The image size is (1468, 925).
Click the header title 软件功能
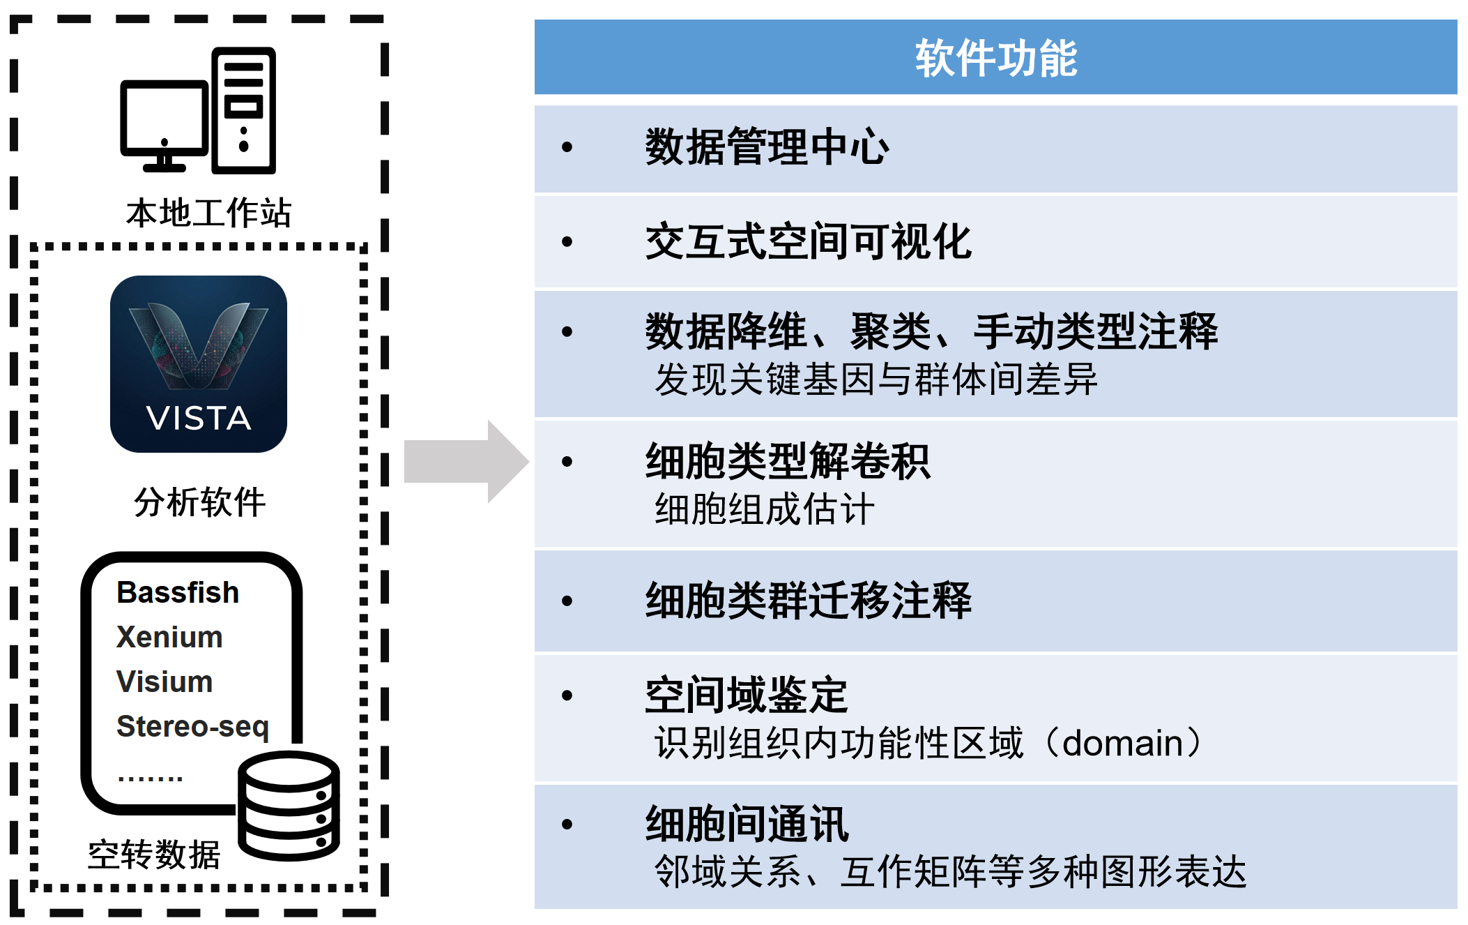pos(995,58)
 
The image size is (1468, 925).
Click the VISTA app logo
pos(199,363)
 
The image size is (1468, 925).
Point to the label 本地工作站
pos(208,213)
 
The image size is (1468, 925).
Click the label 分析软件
pos(199,502)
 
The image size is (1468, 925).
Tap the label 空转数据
pos(154,855)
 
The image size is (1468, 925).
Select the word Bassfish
pos(178,592)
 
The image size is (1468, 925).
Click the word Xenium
pos(169,637)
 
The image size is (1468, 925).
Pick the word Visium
pos(165,682)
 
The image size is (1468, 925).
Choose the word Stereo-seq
pos(192,726)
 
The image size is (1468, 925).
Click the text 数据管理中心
pos(767,147)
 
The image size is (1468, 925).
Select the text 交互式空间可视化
pos(808,241)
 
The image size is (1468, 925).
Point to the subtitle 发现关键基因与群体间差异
pos(876,379)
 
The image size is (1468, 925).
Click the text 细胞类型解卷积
pos(788,461)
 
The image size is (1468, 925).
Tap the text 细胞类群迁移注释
pos(808,600)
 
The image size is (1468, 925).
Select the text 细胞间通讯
pos(747,824)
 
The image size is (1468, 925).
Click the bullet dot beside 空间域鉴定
pos(567,695)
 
